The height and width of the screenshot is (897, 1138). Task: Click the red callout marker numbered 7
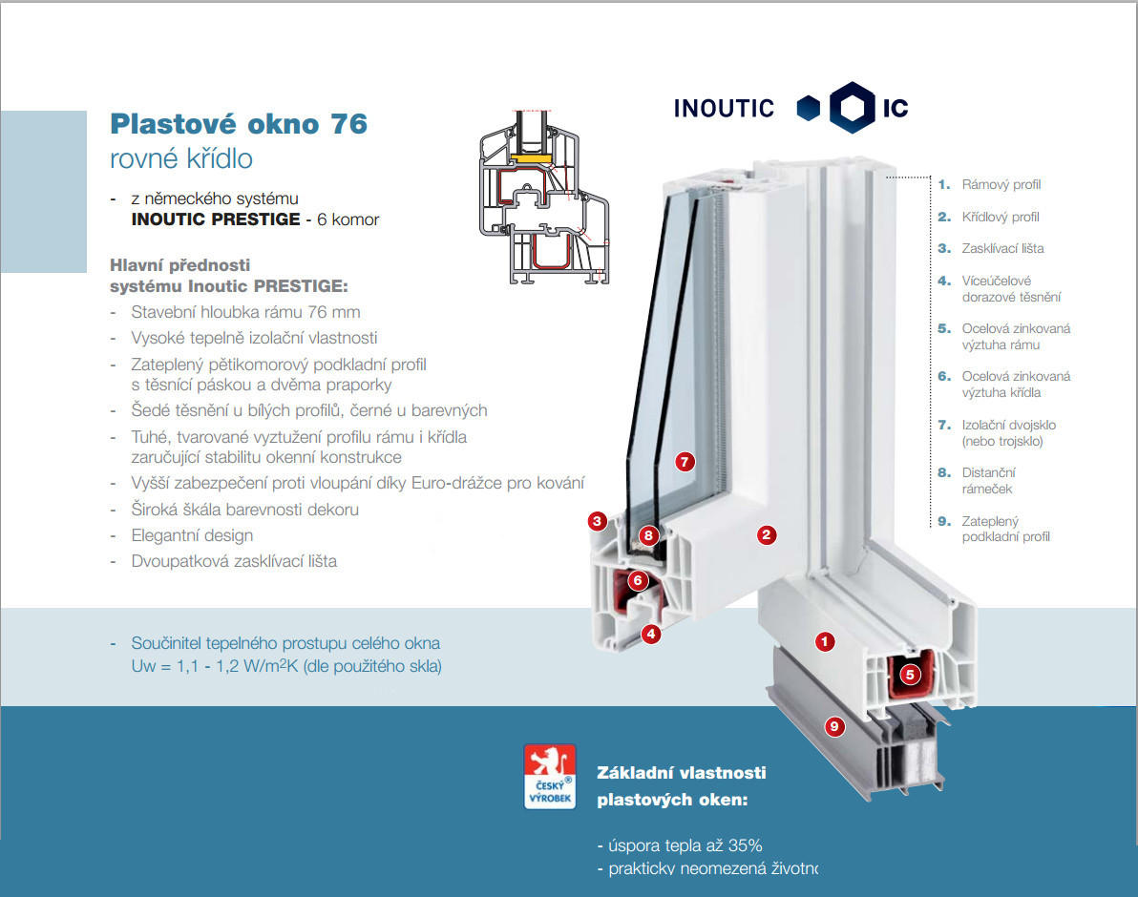coord(685,461)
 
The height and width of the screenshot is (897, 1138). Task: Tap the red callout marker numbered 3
coord(597,521)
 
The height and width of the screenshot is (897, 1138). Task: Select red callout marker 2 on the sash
coord(767,535)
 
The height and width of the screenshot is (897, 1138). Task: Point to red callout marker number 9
coord(834,726)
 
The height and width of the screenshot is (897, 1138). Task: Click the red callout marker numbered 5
coord(910,675)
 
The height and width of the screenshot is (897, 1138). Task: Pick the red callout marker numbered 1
coord(825,641)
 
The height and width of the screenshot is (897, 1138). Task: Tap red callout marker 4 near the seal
coord(651,634)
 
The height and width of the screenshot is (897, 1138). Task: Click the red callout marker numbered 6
coord(638,580)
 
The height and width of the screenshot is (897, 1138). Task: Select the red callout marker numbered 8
coord(648,536)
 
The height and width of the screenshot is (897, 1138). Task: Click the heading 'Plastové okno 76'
coord(239,124)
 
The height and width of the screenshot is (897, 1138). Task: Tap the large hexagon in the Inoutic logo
coord(852,107)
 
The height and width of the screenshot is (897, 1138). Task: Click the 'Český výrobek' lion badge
coord(550,776)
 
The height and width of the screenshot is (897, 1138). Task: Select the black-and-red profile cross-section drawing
coord(544,198)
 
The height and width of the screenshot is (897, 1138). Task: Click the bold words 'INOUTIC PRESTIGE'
coord(216,219)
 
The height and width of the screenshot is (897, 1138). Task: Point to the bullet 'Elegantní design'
coord(192,535)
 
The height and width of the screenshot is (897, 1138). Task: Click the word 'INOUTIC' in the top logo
coord(724,109)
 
